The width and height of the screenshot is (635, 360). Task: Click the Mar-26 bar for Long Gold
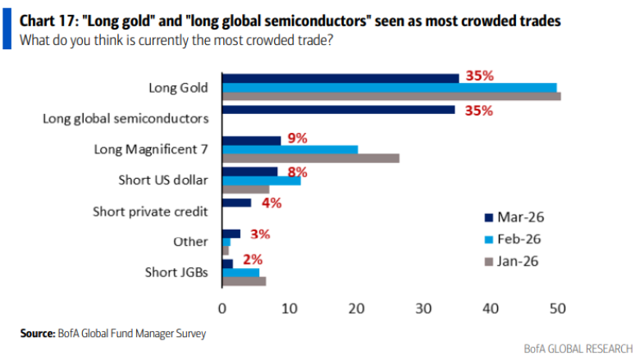tap(340, 78)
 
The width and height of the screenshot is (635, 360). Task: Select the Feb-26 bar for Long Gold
tap(389, 87)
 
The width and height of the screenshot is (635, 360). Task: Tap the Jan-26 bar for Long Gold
tap(391, 96)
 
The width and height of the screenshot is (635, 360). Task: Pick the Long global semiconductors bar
tap(338, 109)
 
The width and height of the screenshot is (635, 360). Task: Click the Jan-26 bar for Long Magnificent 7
tap(311, 158)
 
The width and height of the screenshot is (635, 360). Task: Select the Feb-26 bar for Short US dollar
tap(262, 180)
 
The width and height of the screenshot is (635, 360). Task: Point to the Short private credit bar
tap(236, 203)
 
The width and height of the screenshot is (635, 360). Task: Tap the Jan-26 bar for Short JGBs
tap(244, 281)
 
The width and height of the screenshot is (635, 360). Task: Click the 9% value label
tap(296, 139)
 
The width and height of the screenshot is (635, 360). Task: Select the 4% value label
tap(272, 202)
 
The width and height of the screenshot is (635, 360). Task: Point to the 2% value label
tap(252, 261)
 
